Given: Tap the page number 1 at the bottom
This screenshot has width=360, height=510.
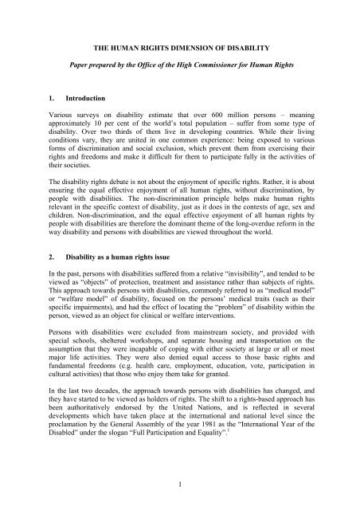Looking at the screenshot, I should click(180, 488).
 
